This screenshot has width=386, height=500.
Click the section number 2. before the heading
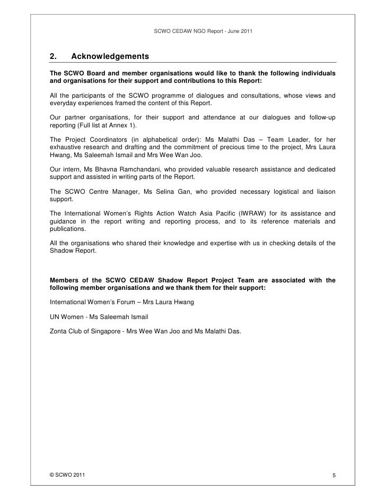pyautogui.click(x=53, y=56)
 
